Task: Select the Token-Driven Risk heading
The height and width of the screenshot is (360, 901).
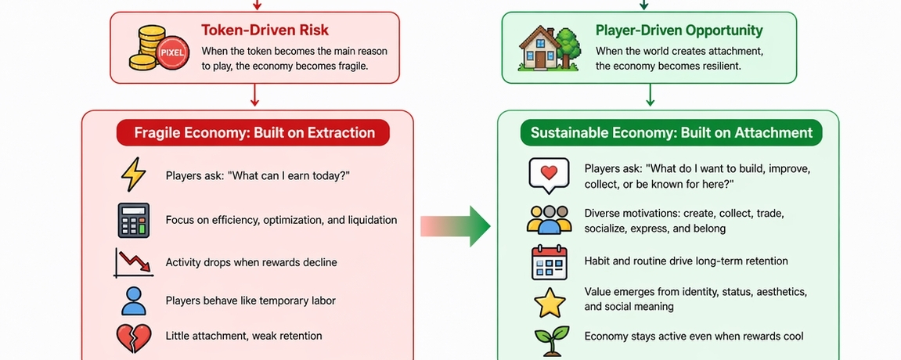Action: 265,31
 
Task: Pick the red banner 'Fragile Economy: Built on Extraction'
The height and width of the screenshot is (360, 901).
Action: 253,132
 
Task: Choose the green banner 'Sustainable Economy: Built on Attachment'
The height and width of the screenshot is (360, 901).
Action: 672,132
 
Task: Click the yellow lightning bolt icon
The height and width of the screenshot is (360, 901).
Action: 133,175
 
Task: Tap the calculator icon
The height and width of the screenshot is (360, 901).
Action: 133,220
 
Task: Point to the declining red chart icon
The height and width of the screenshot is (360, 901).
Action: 132,263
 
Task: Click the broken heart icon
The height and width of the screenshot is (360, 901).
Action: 133,337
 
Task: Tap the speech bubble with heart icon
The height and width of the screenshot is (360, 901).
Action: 548,175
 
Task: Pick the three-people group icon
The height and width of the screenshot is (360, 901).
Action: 549,220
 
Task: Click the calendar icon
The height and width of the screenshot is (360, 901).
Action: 548,262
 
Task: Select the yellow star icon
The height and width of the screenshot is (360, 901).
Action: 548,301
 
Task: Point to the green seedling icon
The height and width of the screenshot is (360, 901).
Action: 549,340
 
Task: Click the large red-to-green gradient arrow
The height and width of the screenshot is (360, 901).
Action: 455,225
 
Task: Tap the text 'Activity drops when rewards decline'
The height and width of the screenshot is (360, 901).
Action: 251,262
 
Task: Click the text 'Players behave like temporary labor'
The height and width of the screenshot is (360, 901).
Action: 250,300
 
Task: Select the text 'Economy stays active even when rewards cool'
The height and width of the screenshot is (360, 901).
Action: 694,337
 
